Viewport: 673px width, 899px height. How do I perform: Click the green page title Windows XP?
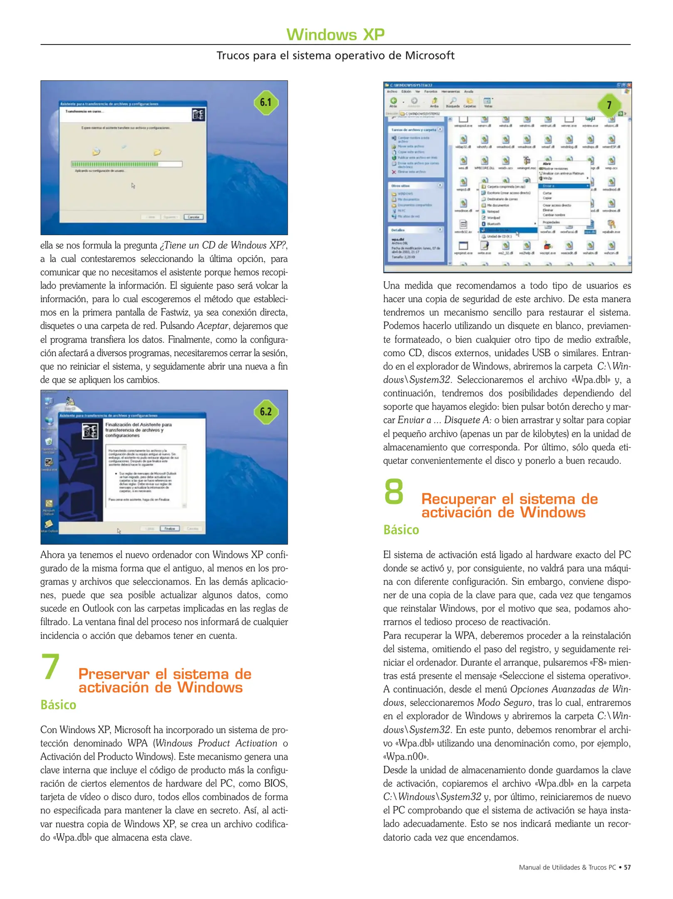pos(335,35)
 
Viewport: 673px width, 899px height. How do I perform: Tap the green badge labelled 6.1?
pos(265,102)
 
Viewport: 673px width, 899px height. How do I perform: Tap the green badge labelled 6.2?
pos(265,412)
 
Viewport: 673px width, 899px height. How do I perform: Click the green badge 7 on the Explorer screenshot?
pos(609,105)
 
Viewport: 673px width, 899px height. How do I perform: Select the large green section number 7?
pos(51,667)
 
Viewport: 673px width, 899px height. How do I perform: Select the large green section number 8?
pos(393,492)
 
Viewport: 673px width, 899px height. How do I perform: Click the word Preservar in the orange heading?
pos(114,674)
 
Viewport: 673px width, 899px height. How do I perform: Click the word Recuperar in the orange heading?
pos(458,499)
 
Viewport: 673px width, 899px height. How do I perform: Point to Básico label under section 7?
pos(58,705)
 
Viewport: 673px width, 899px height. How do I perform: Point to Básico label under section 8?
pos(401,530)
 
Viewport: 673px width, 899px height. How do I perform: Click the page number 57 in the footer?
pos(627,867)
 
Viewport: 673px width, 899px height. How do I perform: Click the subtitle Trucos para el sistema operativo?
pos(335,55)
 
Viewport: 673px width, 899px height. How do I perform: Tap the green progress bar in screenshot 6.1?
pos(115,164)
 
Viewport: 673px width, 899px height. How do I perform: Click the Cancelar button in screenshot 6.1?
pos(193,217)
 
